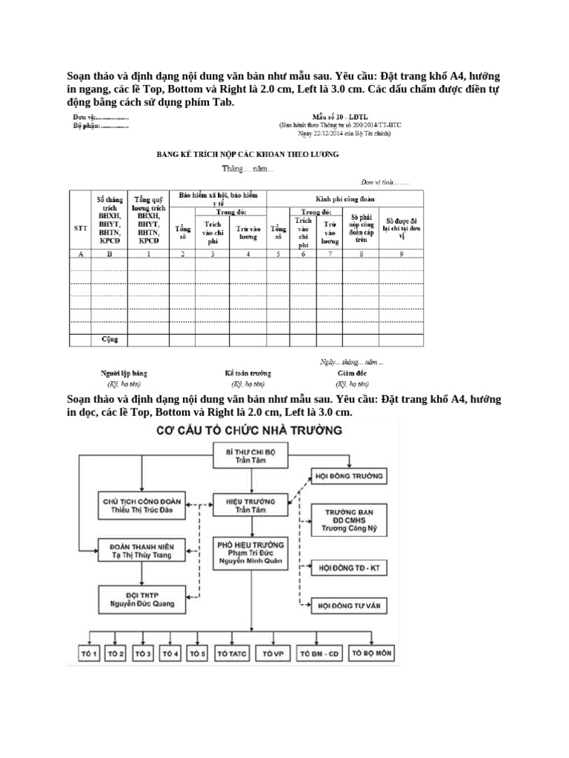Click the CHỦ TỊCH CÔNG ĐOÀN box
(x=141, y=506)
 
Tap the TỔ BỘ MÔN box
(x=370, y=654)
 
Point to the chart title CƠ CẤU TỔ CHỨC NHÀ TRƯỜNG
(x=233, y=430)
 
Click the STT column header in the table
(x=79, y=229)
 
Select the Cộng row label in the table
(x=110, y=340)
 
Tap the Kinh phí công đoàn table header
(x=345, y=199)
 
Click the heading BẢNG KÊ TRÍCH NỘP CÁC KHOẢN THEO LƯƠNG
(x=247, y=155)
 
